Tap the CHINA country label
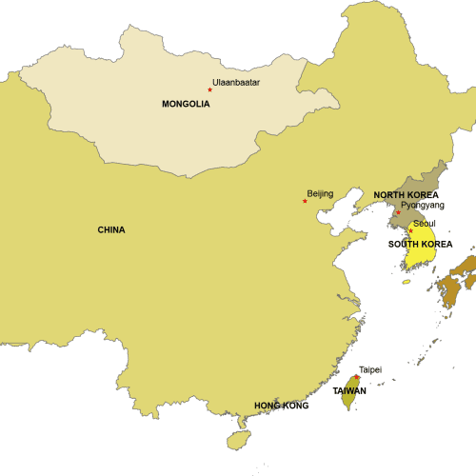click(111, 229)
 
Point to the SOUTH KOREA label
click(420, 244)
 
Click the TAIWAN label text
click(349, 390)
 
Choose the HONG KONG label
click(282, 406)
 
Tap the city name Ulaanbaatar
click(237, 83)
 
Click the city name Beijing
click(321, 194)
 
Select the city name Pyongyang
click(423, 205)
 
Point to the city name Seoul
click(425, 224)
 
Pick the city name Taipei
click(370, 369)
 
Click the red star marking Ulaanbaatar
click(209, 89)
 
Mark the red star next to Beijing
click(305, 201)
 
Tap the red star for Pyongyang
click(398, 211)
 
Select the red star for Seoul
click(410, 230)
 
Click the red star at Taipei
click(357, 377)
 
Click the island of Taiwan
click(347, 400)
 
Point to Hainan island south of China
click(238, 440)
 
